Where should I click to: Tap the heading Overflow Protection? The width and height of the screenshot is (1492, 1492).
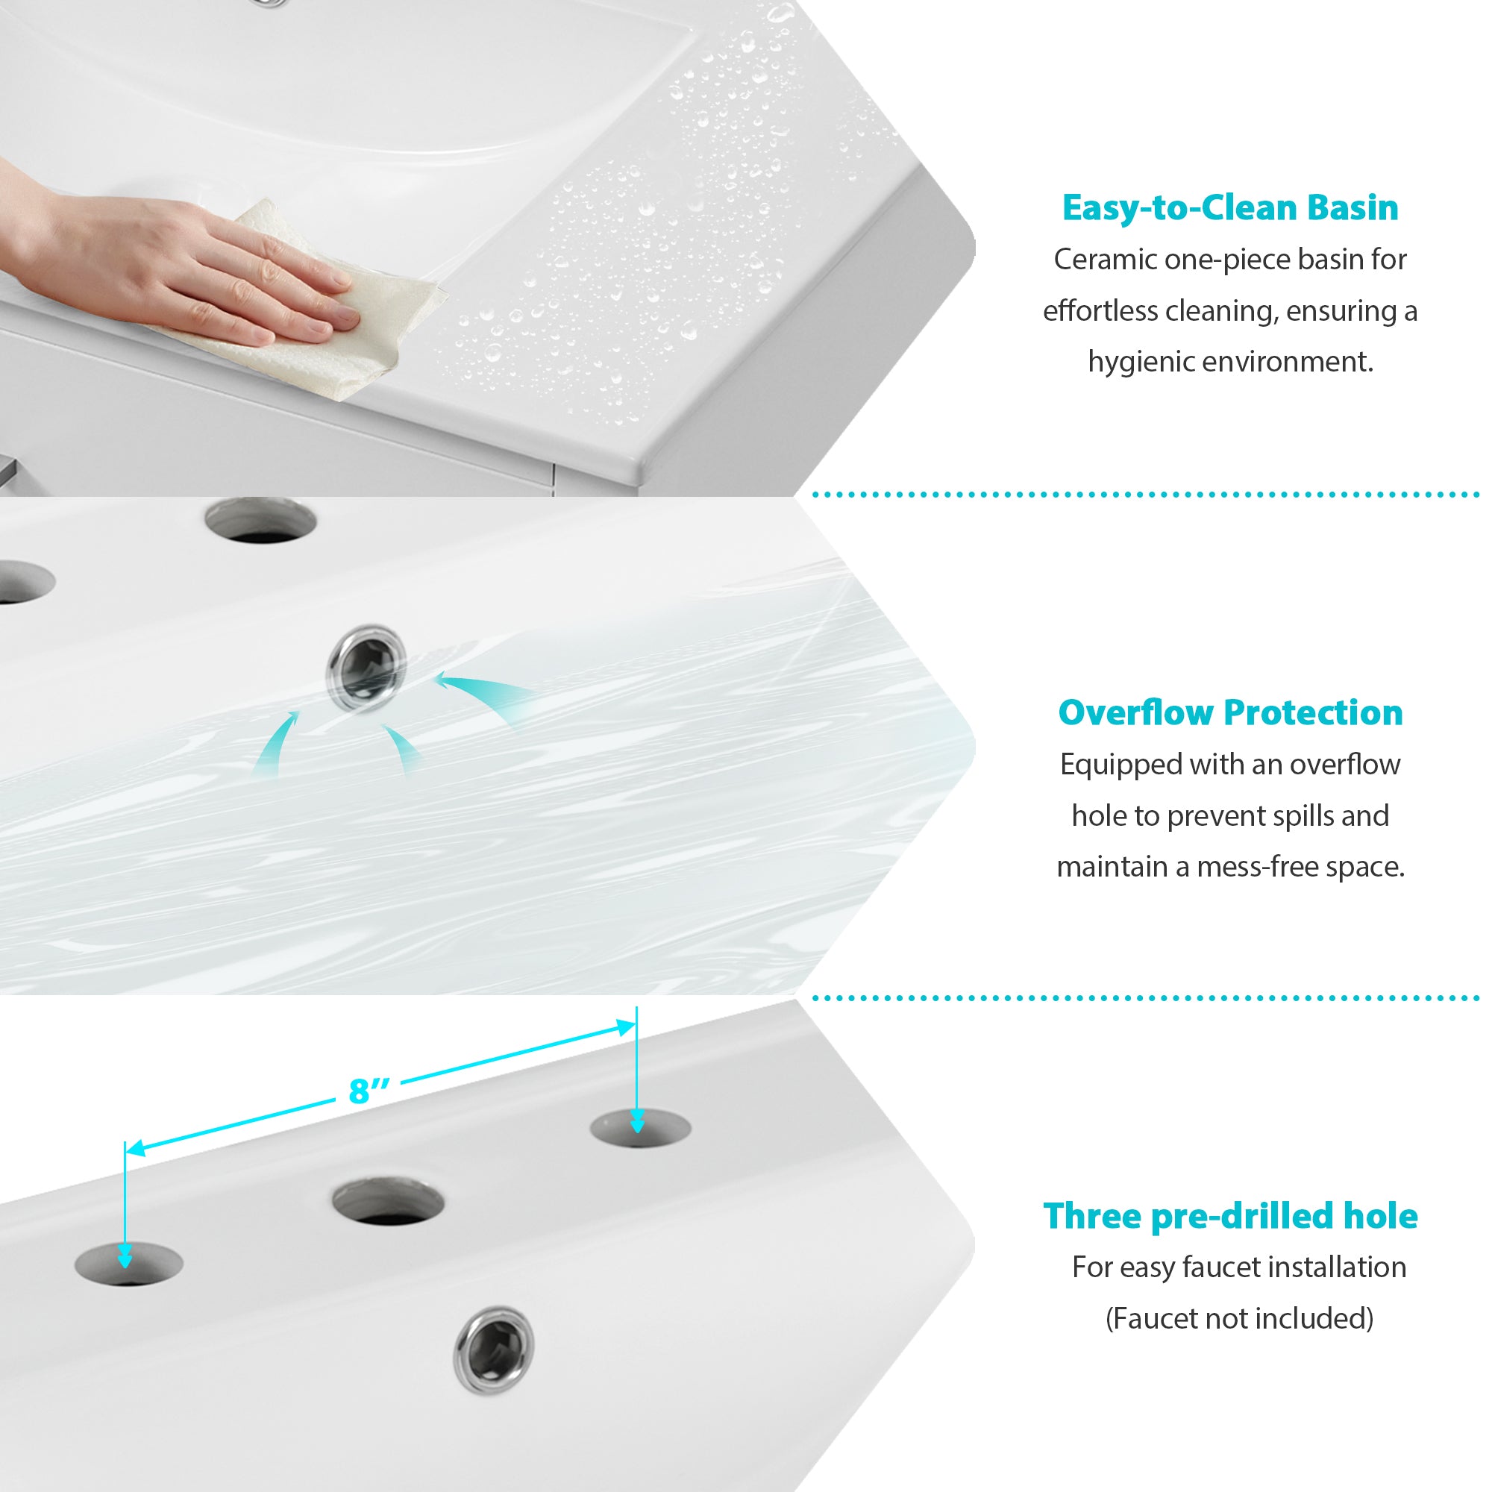[1230, 712]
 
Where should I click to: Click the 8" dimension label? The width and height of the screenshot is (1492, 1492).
[369, 1091]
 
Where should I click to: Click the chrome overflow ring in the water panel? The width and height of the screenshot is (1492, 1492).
[367, 665]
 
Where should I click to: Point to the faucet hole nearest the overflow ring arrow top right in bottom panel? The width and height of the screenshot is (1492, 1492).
[640, 1128]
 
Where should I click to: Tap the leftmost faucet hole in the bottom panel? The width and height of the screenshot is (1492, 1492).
[128, 1264]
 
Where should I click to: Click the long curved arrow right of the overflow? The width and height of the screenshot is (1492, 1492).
[486, 695]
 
